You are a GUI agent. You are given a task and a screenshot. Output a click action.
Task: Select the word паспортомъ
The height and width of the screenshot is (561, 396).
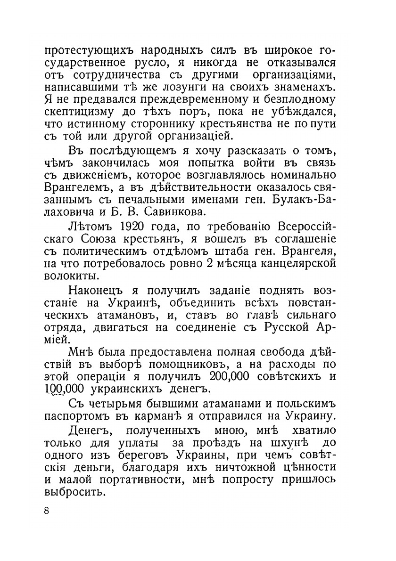pos(78,417)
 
